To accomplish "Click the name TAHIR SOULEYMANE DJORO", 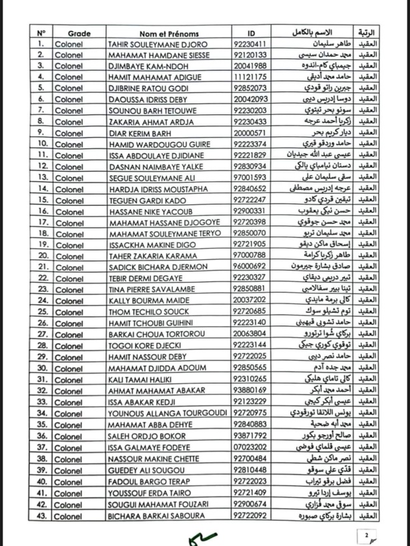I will click(x=158, y=44).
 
